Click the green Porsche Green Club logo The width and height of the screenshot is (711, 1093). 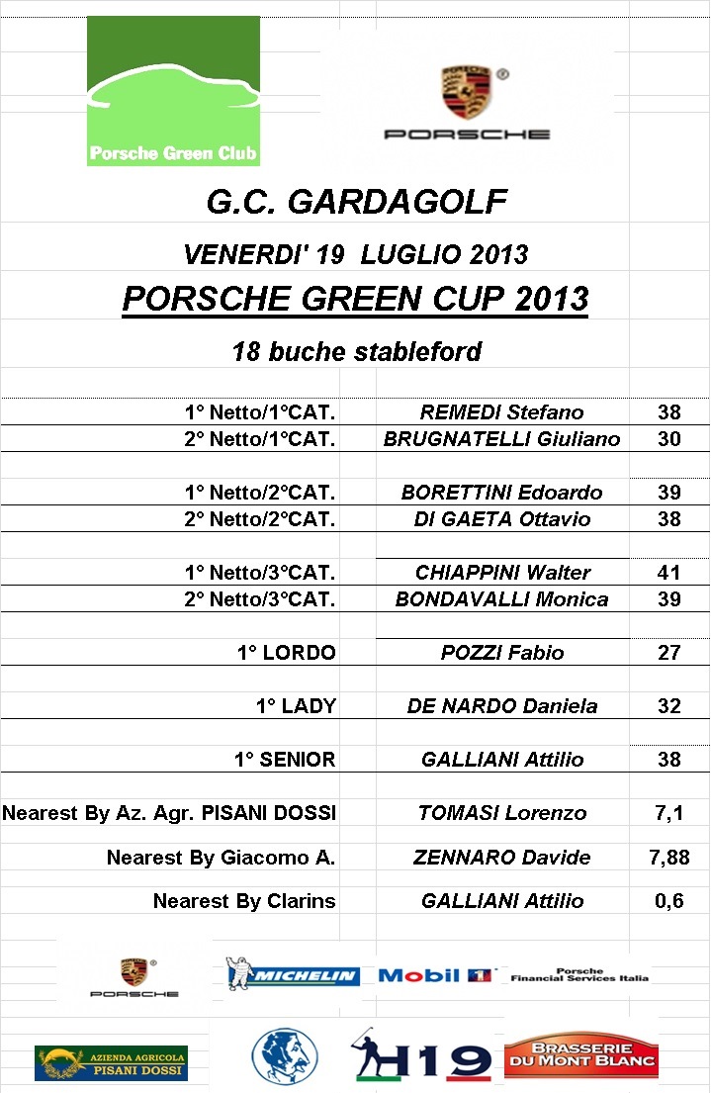pos(173,91)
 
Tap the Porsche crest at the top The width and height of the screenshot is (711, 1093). pos(467,92)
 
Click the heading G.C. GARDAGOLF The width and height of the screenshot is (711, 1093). pos(356,203)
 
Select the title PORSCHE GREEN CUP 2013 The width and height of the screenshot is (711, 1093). pos(355,298)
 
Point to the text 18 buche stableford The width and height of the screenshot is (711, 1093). pos(356,351)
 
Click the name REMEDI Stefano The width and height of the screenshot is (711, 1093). pos(501,412)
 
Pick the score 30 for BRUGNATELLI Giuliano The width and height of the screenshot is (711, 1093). pos(669,439)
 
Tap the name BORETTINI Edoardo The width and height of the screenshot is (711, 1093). pos(501,493)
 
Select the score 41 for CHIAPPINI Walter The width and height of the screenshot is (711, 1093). pos(669,573)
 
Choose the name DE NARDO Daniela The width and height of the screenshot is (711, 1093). pos(501,706)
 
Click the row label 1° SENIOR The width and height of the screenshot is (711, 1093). pos(284,760)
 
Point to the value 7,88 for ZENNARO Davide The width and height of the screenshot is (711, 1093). pos(669,858)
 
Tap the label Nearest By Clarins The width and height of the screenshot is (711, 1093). pos(244,901)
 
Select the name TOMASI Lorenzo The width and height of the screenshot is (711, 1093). pos(501,813)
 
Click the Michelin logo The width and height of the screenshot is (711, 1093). pos(293,974)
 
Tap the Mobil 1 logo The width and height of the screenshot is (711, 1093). pos(435,975)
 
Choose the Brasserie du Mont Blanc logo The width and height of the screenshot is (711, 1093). pos(580,1055)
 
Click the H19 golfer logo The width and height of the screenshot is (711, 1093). pos(422,1057)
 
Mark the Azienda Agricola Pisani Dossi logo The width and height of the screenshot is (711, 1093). pos(111,1063)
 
